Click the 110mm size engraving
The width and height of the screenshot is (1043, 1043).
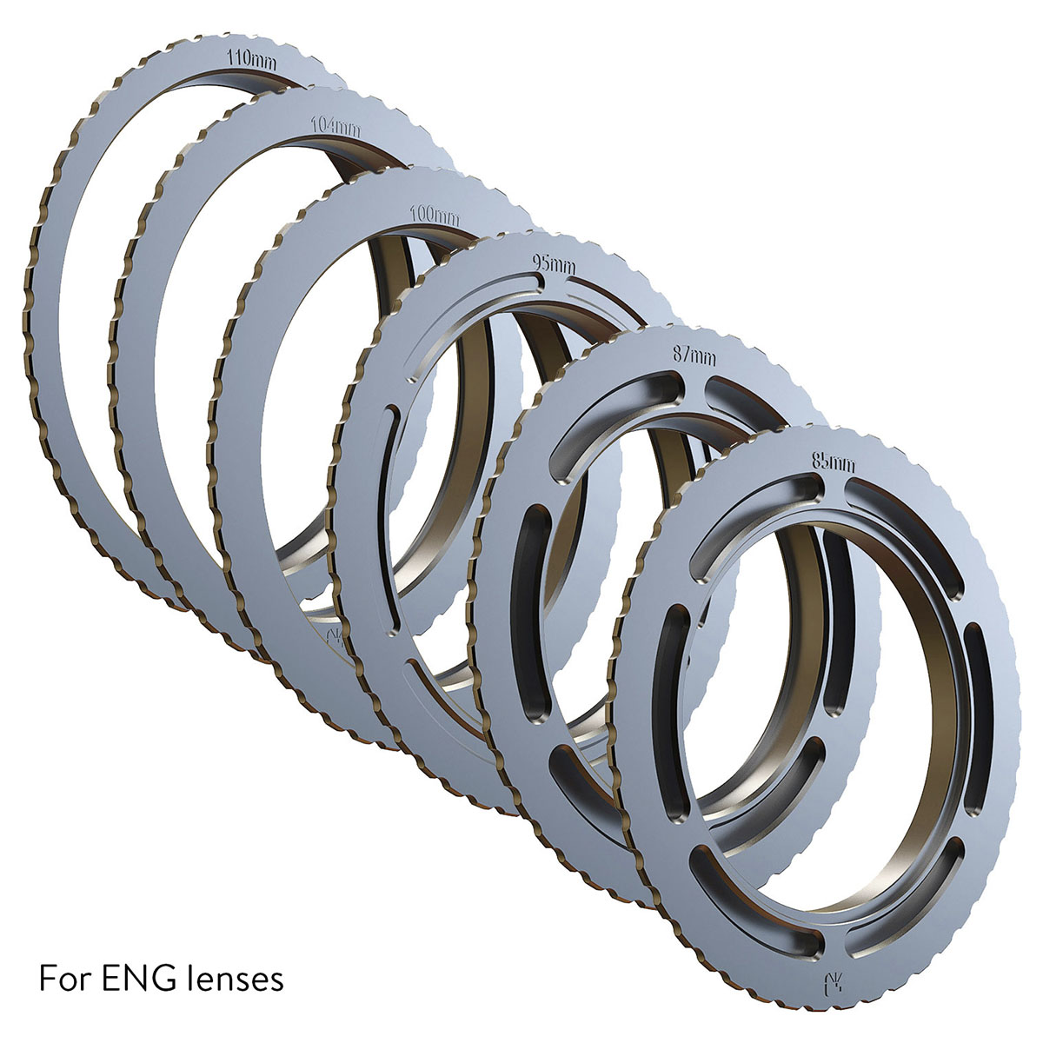pyautogui.click(x=252, y=61)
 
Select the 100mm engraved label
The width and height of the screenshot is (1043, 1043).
pyautogui.click(x=435, y=215)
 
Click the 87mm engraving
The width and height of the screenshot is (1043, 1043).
pyautogui.click(x=694, y=355)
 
